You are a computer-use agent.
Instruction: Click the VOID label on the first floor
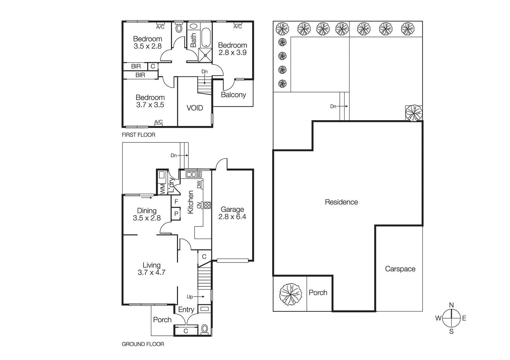point(194,108)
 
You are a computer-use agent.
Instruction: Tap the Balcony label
point(233,95)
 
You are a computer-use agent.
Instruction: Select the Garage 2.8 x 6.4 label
point(232,213)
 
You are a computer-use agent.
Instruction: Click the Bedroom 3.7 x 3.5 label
point(150,101)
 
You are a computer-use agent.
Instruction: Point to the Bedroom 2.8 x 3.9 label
point(232,49)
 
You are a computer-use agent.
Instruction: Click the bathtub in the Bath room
point(206,38)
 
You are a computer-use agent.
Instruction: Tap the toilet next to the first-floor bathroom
point(179,29)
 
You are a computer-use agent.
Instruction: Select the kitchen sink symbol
point(193,175)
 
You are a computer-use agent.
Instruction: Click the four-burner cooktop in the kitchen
point(207,205)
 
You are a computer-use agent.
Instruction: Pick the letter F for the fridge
point(176,202)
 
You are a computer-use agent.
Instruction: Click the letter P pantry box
point(176,214)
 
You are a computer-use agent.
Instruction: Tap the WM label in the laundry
point(163,189)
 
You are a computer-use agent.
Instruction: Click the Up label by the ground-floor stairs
point(190,297)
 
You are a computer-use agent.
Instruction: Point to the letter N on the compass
point(451,305)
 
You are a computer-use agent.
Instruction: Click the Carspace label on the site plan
point(400,269)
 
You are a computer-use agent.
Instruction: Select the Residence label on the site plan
point(341,202)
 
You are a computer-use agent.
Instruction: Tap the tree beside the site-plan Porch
point(290,294)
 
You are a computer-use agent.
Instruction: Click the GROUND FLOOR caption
point(143,344)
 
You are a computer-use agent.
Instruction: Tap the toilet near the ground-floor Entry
point(205,328)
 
